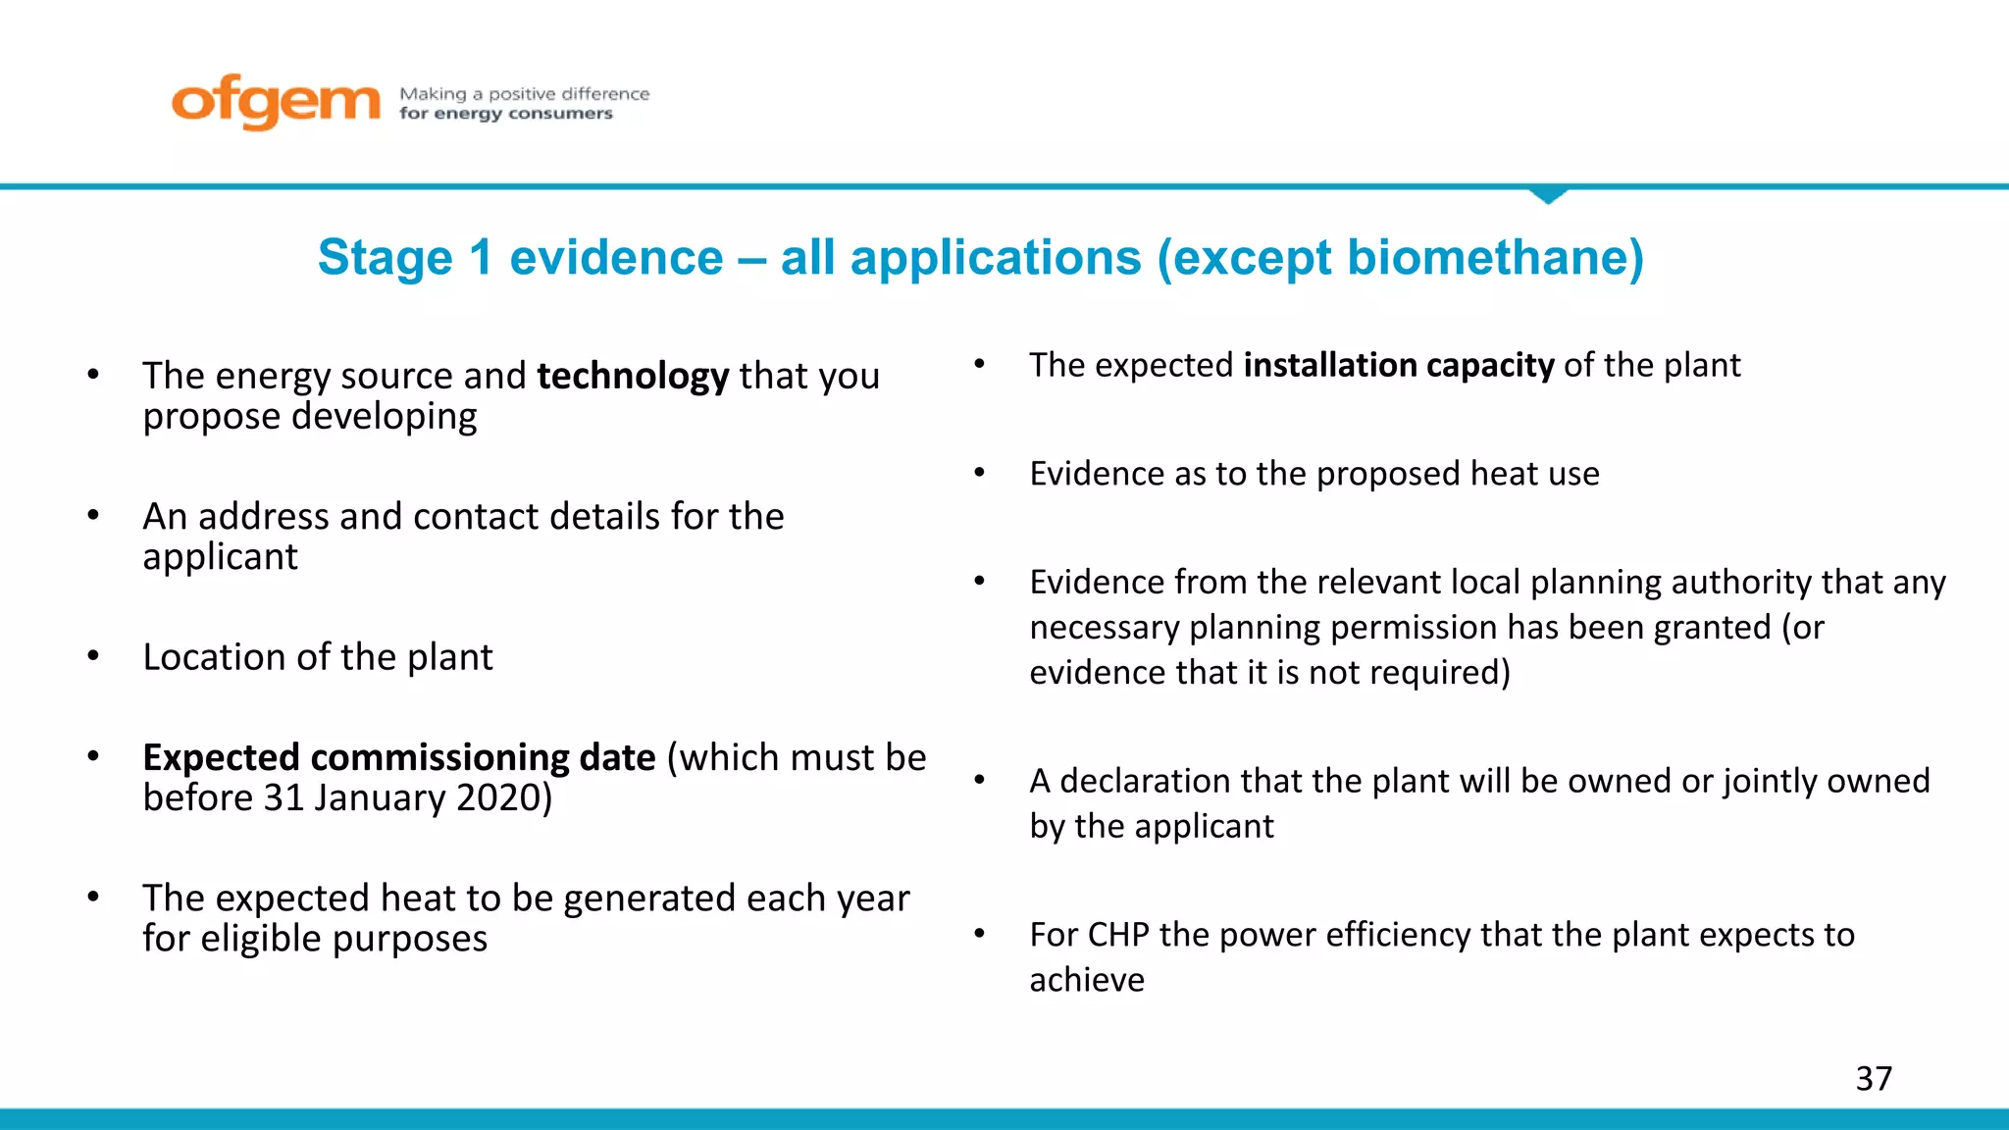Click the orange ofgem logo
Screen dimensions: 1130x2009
click(x=275, y=101)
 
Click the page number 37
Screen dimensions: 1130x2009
click(x=1874, y=1078)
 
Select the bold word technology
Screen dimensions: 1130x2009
click(x=633, y=377)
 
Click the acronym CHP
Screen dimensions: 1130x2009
click(x=1118, y=935)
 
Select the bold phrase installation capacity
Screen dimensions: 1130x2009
click(x=1399, y=365)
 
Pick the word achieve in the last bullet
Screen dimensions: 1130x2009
click(x=1087, y=980)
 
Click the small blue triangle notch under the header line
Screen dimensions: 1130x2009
click(x=1548, y=195)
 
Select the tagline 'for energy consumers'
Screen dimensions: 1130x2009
click(x=505, y=114)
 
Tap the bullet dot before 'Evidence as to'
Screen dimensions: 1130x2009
click(x=979, y=473)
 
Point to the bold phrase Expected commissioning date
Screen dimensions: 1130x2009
click(x=398, y=758)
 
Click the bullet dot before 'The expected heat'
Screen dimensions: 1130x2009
click(x=93, y=897)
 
